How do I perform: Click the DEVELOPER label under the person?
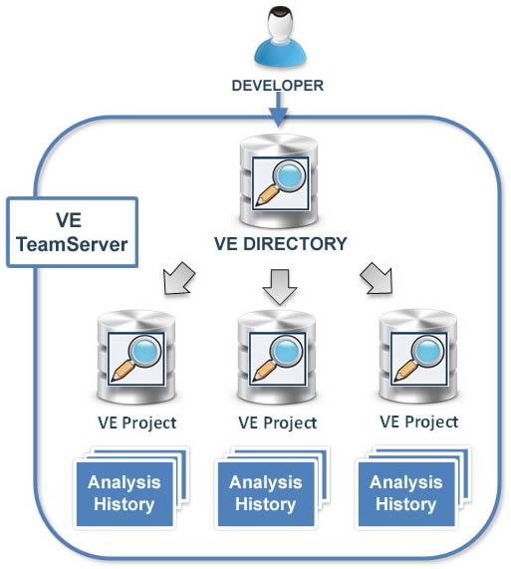coord(278,86)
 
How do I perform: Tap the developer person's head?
coord(280,24)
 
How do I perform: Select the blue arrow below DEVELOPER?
coord(278,110)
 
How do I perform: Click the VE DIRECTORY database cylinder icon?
coord(279,181)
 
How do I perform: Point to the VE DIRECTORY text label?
coord(280,243)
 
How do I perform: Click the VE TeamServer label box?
coord(72,232)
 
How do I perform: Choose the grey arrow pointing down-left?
coord(179,278)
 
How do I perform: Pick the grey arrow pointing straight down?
coord(280,287)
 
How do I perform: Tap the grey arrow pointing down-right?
coord(377,278)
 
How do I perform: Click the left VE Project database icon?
coord(136,357)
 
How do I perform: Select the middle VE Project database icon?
coord(277,357)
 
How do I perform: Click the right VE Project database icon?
coord(417,357)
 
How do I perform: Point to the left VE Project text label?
coord(137,423)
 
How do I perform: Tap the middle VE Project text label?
coord(278,423)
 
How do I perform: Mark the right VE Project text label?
coord(419,423)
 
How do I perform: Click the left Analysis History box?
coord(125,493)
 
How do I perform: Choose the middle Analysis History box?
coord(266,493)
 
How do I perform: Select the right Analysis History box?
coord(406,493)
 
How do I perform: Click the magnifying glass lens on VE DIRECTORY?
coord(289,176)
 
